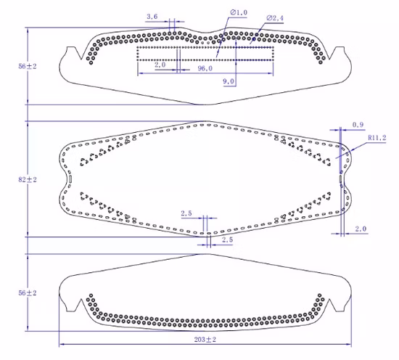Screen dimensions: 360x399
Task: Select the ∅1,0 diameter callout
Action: [239, 12]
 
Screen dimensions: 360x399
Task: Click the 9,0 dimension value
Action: [229, 81]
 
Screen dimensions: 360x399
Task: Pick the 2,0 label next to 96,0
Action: [160, 65]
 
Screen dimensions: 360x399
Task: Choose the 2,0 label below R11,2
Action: [361, 229]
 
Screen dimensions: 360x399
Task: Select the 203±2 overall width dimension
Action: [205, 339]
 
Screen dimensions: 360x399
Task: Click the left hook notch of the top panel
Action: [70, 54]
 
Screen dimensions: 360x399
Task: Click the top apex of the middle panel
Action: [208, 121]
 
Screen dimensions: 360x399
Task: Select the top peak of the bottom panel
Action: [207, 255]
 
